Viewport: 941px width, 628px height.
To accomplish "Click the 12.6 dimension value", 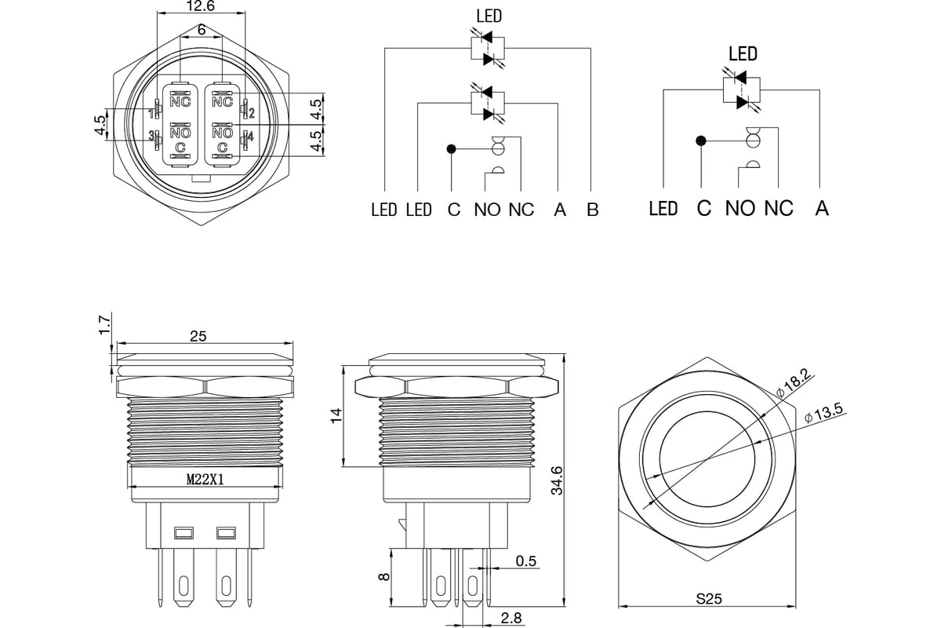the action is click(x=201, y=6).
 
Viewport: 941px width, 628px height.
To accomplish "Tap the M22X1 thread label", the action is click(x=205, y=479).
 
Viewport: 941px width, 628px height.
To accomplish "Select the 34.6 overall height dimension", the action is click(x=557, y=480).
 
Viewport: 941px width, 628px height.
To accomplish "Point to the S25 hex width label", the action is click(x=709, y=598).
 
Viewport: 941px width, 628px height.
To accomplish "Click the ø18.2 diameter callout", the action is click(x=793, y=383).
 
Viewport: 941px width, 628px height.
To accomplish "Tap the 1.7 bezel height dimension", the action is click(x=105, y=324).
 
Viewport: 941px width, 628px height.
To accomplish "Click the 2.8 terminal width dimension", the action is click(x=511, y=618).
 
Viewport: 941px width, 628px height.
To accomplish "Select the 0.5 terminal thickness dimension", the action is click(x=526, y=560).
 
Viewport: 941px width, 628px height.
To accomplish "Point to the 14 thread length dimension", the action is click(x=336, y=415).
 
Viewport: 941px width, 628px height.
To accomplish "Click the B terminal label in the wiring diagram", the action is click(x=592, y=210).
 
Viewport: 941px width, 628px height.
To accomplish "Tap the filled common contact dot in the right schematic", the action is click(x=701, y=141).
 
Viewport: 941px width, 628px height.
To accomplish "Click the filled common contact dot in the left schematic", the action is click(x=451, y=148).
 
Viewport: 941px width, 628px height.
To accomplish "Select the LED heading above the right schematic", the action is click(x=743, y=54).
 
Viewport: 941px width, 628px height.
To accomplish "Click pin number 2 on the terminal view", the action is click(x=252, y=113).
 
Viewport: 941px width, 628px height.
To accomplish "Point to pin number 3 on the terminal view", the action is click(x=151, y=136).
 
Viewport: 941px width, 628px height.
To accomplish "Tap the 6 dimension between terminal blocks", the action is click(x=202, y=30).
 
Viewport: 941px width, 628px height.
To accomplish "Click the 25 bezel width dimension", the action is click(x=198, y=336).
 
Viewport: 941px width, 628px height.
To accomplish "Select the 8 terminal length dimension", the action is click(x=384, y=576).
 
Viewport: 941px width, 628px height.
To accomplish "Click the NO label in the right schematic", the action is click(x=739, y=208).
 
